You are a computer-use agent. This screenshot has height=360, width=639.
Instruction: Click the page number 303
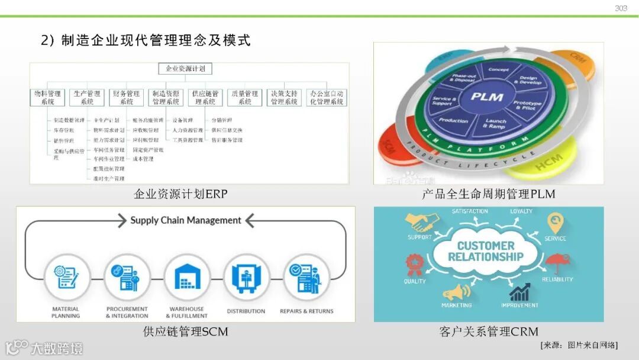(x=621, y=8)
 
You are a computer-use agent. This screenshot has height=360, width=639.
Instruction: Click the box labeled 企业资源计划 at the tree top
(x=185, y=69)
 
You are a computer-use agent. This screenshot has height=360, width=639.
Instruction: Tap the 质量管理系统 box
(x=245, y=98)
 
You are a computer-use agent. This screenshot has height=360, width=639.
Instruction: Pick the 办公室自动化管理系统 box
(x=327, y=98)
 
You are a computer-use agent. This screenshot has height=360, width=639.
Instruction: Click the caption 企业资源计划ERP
(x=180, y=194)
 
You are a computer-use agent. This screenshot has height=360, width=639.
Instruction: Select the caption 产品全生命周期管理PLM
(x=488, y=194)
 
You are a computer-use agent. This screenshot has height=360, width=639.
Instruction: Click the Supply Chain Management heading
(x=186, y=220)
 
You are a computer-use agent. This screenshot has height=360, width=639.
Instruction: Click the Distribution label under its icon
(x=246, y=311)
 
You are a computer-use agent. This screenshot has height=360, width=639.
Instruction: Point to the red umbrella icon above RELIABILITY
(x=556, y=262)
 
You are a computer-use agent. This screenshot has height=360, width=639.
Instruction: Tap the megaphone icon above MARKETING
(x=456, y=292)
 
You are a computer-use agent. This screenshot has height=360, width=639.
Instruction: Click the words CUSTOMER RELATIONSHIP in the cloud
(x=486, y=251)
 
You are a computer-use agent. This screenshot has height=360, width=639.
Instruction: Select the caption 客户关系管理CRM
(x=488, y=332)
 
